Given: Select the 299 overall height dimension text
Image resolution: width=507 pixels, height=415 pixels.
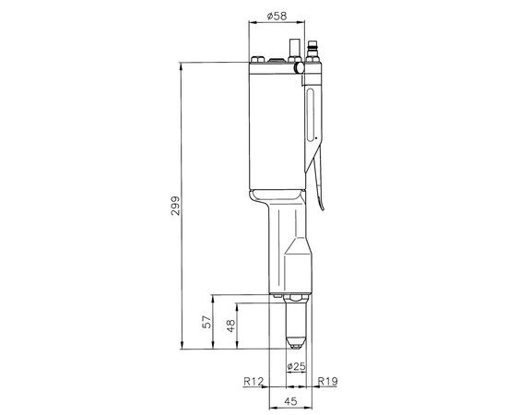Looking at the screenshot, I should pyautogui.click(x=175, y=208).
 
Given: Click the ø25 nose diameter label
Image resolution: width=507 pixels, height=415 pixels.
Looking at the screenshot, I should pyautogui.click(x=296, y=367).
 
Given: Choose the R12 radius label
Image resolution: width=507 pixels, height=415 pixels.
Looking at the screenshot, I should pyautogui.click(x=253, y=380).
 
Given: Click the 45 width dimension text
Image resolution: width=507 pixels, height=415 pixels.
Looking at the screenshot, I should pyautogui.click(x=289, y=401).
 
